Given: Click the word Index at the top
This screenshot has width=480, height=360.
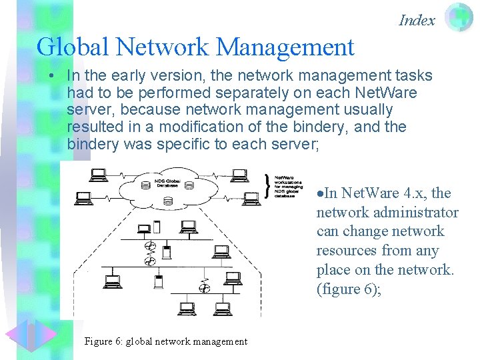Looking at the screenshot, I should (417, 20).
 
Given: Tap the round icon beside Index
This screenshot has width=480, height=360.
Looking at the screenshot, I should (459, 18).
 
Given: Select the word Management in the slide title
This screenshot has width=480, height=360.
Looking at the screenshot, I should (285, 47).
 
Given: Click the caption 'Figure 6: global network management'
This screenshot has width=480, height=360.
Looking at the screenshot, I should (166, 341).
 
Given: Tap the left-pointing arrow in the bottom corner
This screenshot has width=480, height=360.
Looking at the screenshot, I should (17, 337).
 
